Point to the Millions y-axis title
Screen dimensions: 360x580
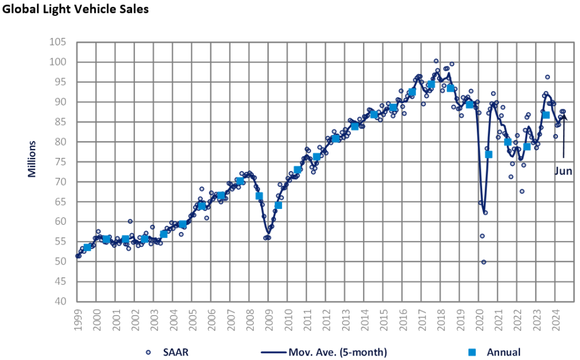pos(32,160)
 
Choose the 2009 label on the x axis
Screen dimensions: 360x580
pos(269,318)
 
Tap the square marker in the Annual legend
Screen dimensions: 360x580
pos(471,352)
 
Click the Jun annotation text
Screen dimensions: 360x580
pos(563,172)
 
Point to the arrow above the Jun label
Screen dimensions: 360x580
pos(564,136)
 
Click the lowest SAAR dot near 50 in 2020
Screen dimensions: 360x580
pos(484,262)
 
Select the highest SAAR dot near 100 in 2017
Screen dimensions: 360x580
pos(436,61)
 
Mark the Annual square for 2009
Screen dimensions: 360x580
pos(278,205)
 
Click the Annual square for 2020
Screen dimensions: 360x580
pos(488,155)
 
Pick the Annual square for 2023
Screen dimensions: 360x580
pos(546,115)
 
